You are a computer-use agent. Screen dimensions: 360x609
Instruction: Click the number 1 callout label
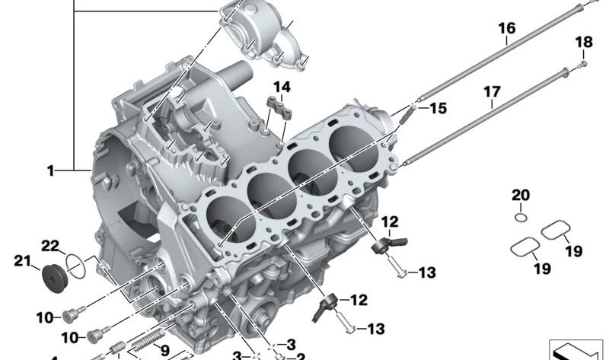50,171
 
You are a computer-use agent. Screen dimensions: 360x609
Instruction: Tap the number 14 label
282,86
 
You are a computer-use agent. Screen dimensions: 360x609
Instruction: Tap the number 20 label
519,195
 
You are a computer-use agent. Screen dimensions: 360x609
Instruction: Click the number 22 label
49,245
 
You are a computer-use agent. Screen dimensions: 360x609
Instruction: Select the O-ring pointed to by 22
75,263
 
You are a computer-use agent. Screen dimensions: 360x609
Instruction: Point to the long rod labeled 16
495,57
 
